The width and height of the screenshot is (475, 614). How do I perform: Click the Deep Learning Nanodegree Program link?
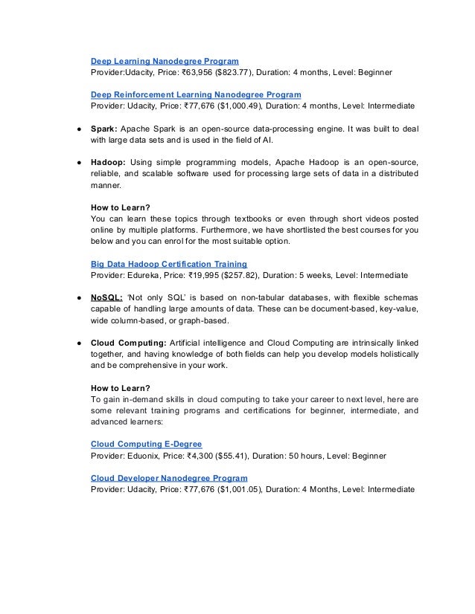pyautogui.click(x=165, y=59)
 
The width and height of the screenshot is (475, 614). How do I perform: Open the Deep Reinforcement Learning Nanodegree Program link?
pyautogui.click(x=196, y=94)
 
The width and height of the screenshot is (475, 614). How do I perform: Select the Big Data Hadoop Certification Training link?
pyautogui.click(x=169, y=263)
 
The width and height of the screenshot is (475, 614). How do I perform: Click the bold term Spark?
pyautogui.click(x=103, y=127)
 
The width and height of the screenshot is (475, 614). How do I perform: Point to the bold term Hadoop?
pyautogui.click(x=109, y=161)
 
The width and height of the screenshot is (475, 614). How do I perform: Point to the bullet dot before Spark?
pyautogui.click(x=78, y=128)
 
